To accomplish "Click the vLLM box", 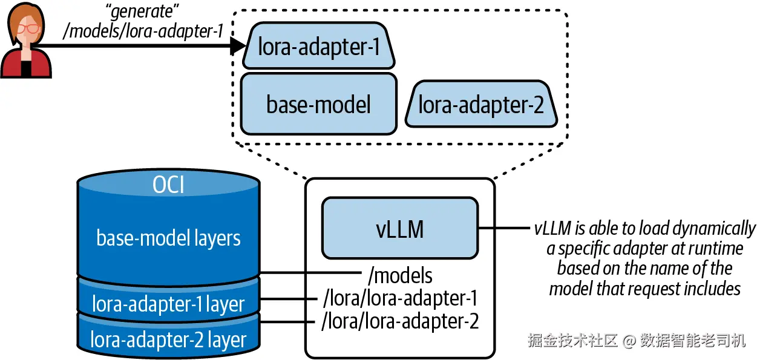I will point(399,228).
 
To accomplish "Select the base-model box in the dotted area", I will point(318,103).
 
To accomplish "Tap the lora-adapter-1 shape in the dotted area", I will point(319,46).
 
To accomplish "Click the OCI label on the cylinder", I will point(168,185).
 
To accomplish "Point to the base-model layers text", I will point(168,238).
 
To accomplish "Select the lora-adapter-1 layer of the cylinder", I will point(168,303).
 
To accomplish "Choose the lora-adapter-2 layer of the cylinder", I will point(168,339).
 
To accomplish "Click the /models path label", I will point(400,275).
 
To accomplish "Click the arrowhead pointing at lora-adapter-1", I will point(240,47).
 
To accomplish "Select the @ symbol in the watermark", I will point(629,341).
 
